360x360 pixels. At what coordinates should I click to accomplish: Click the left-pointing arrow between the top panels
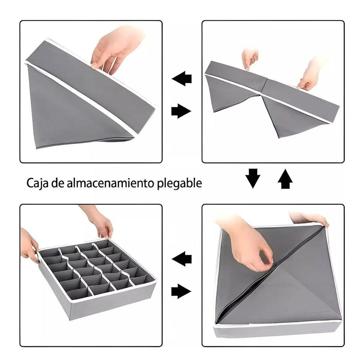[182, 78]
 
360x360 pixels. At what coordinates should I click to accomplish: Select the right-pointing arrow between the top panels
[181, 111]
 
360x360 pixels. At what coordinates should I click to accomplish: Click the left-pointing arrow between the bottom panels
[182, 259]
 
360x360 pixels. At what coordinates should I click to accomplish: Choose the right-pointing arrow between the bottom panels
[181, 291]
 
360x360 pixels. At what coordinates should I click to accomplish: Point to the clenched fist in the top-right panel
[250, 58]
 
